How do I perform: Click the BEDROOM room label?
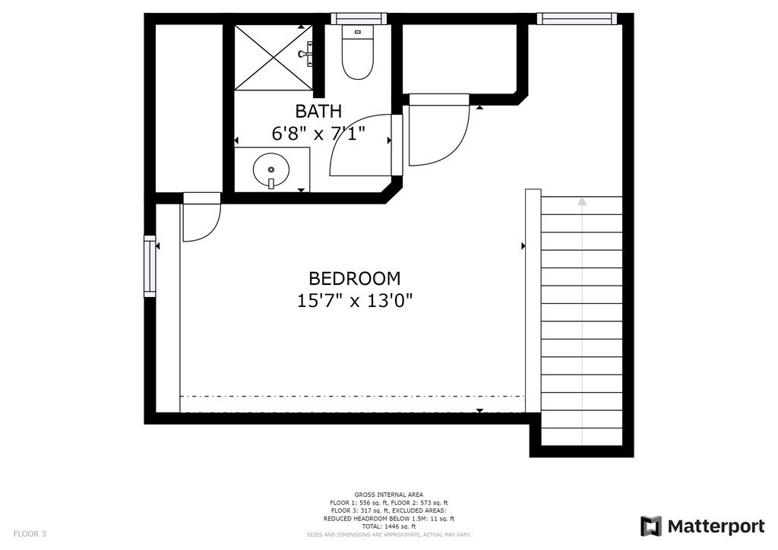tap(354, 278)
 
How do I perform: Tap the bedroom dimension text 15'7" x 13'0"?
tap(354, 300)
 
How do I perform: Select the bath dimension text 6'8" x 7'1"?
tap(319, 134)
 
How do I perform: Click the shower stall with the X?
tap(272, 57)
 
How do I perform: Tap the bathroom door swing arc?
tap(357, 144)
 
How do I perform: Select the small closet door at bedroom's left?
tap(201, 220)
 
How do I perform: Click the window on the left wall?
tap(150, 266)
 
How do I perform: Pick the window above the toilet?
tap(359, 18)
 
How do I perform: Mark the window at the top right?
tap(576, 18)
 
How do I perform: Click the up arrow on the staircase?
tap(582, 202)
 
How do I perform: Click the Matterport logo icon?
tap(651, 526)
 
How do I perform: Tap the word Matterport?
tap(716, 526)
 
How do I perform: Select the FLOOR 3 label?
tap(30, 534)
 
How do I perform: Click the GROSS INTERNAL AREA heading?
tap(389, 495)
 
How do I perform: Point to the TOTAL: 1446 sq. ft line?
tap(388, 526)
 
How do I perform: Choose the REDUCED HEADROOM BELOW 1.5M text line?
tap(389, 519)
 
